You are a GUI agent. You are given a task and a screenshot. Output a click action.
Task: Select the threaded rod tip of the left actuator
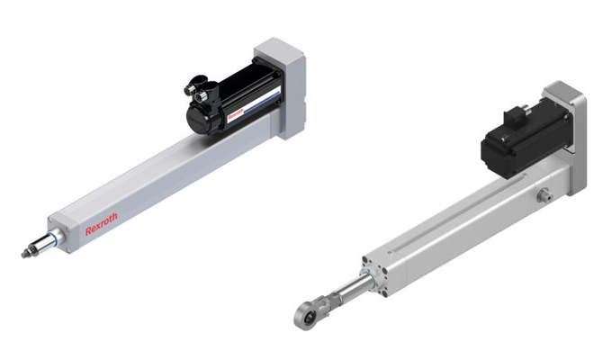[28, 253]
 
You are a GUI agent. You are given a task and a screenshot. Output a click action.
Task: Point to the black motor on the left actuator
[230, 99]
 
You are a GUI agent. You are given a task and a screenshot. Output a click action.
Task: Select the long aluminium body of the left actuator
[162, 180]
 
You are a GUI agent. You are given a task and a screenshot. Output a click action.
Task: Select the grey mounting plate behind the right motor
[567, 135]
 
